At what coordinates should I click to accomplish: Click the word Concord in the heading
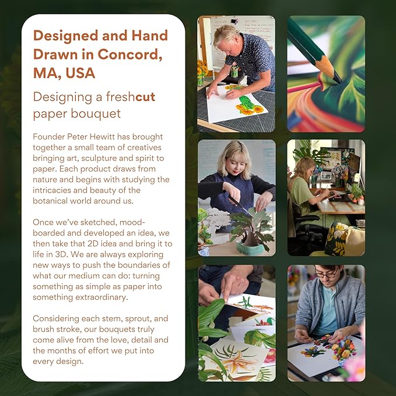click(129, 54)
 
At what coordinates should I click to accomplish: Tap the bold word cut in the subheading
click(145, 97)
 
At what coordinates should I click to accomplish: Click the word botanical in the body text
click(49, 201)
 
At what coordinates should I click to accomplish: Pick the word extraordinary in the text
click(101, 297)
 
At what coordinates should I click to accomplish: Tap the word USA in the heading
click(80, 73)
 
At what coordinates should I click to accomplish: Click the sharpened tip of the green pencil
click(339, 81)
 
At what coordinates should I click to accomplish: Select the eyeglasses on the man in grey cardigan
click(326, 274)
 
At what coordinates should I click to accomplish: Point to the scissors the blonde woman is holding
click(240, 205)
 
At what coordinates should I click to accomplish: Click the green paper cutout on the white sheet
click(246, 103)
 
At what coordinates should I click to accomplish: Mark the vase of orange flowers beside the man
click(202, 72)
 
